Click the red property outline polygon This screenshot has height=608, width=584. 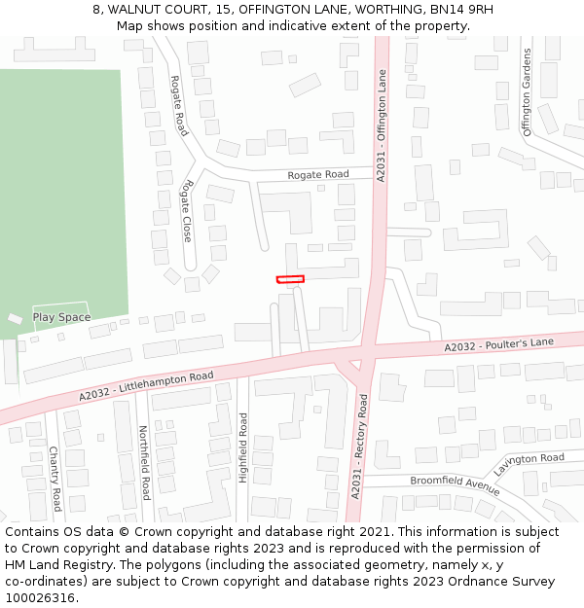coord(290,279)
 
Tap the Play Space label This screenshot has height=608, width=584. coord(61,317)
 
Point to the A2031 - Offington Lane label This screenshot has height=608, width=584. coord(382,124)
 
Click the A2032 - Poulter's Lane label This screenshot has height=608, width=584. coord(498,344)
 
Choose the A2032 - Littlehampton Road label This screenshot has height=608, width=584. coord(146,386)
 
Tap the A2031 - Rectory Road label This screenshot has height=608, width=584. coord(359,447)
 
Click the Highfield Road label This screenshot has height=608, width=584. coord(243,447)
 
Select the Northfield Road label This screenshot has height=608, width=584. coord(143,462)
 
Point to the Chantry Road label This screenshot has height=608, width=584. coord(55,479)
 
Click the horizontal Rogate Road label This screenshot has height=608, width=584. coord(317,175)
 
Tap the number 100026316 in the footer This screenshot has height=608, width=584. coord(39,597)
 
